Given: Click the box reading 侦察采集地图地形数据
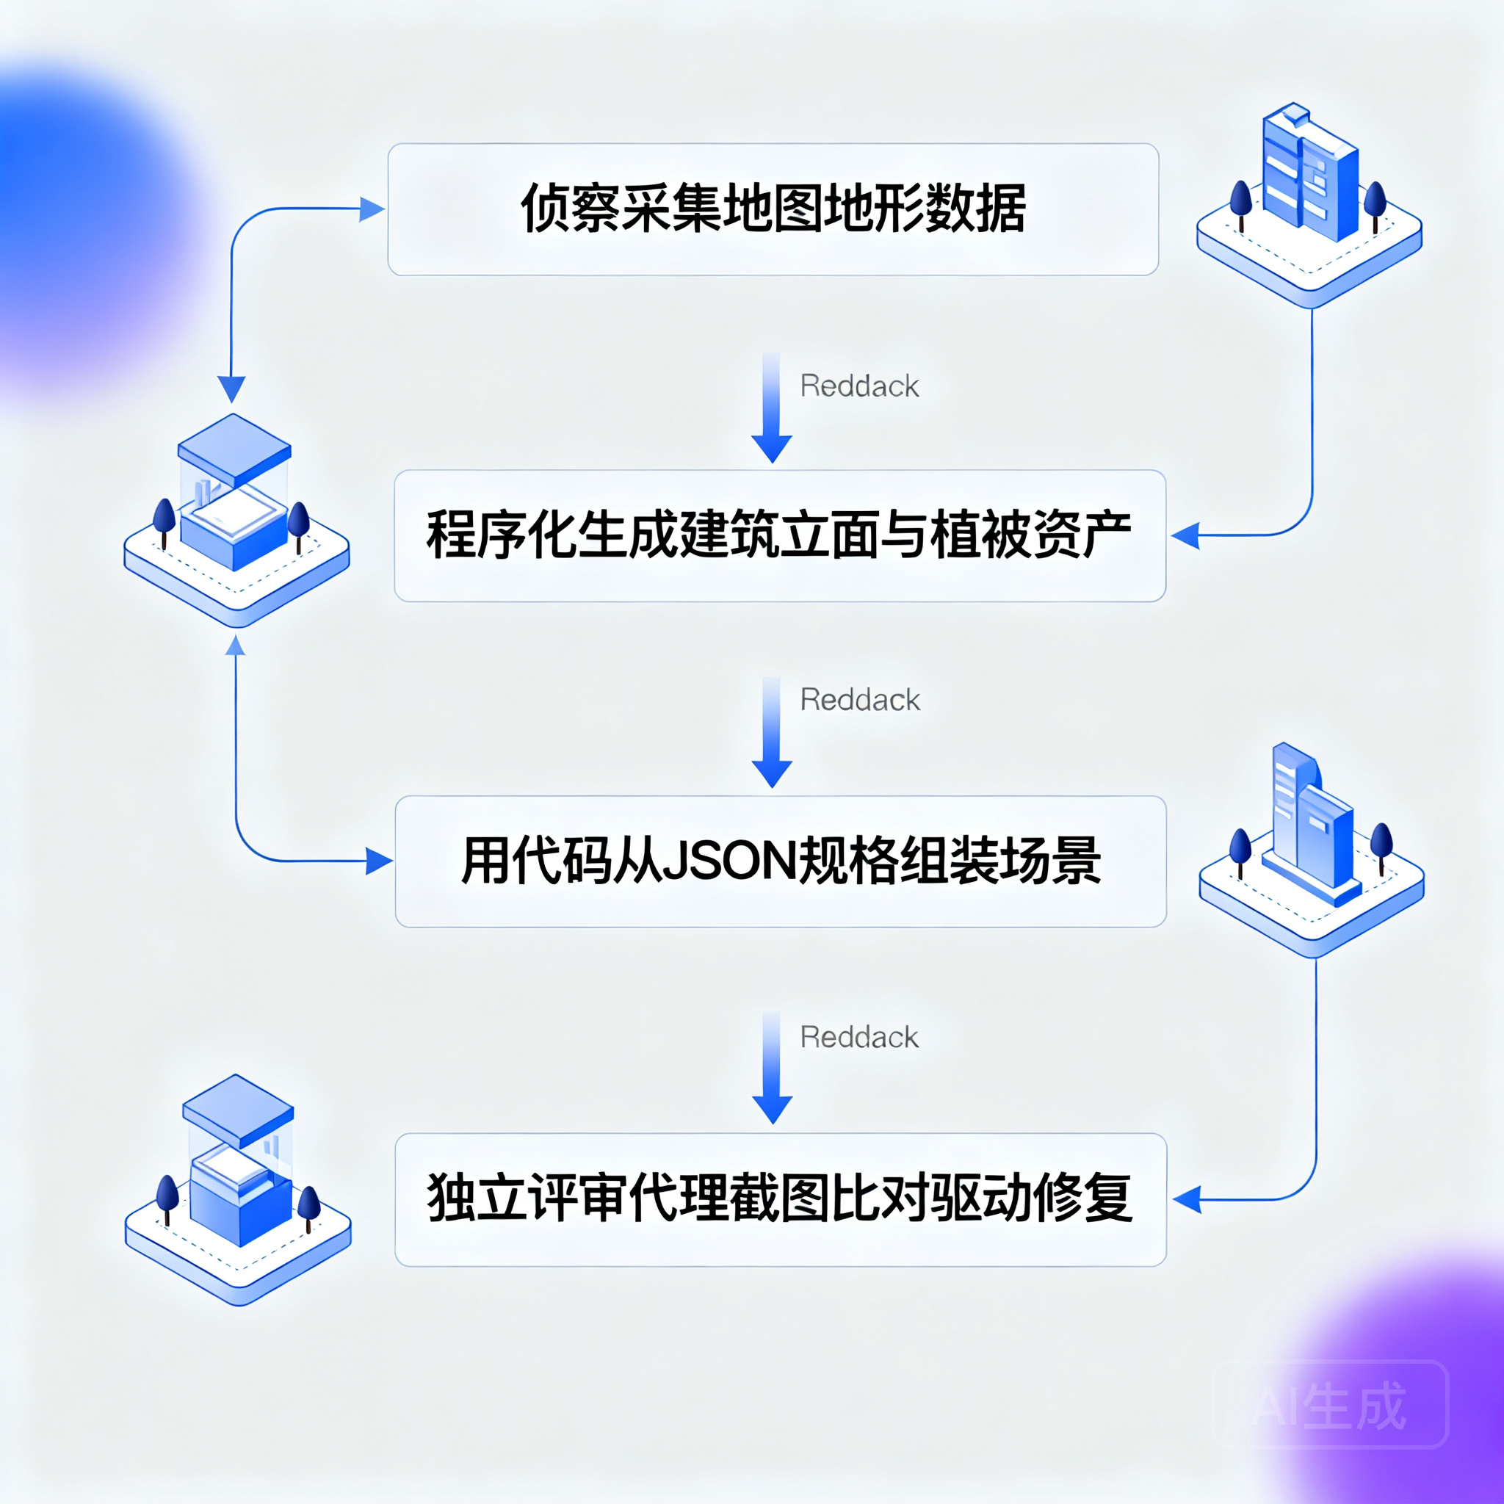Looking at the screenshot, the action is click(773, 209).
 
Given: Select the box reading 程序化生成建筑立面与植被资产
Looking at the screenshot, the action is click(779, 535).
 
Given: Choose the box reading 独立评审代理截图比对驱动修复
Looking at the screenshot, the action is click(780, 1200).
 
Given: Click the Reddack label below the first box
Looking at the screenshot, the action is click(859, 386).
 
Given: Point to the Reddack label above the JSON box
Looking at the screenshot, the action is click(860, 700).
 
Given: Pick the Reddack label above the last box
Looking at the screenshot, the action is click(859, 1037).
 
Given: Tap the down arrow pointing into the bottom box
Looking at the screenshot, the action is click(773, 1067).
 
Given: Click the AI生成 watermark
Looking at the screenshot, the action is click(1331, 1406).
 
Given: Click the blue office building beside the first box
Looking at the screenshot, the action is click(1309, 205).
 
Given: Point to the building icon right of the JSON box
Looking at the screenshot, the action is click(1312, 850).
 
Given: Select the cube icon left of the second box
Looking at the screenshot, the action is click(236, 520).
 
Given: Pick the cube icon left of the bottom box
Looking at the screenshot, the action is click(238, 1190).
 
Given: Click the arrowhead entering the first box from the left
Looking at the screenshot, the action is click(372, 209).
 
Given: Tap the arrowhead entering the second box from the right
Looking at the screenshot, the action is click(1185, 535).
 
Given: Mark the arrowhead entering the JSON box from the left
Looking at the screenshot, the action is click(379, 861).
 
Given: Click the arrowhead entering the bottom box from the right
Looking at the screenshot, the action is click(1187, 1200).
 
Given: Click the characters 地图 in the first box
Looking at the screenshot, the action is click(773, 209).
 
